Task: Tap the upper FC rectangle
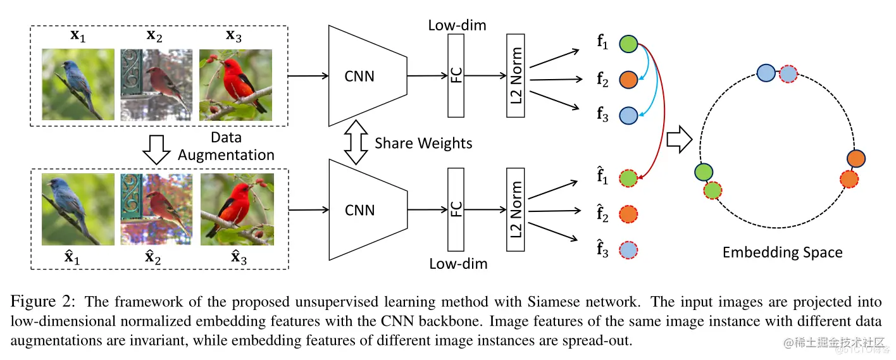[x=456, y=75]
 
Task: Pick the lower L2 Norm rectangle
[x=516, y=209]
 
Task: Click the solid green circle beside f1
[x=628, y=44]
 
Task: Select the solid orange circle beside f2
[x=628, y=80]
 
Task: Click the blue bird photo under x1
[x=78, y=85]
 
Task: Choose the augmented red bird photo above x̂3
[x=236, y=210]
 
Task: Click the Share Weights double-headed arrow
[x=355, y=143]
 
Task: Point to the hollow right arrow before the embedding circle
[x=679, y=139]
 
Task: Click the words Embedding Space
[x=782, y=252]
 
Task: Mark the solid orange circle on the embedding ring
[x=856, y=158]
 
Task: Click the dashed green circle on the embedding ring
[x=713, y=190]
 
